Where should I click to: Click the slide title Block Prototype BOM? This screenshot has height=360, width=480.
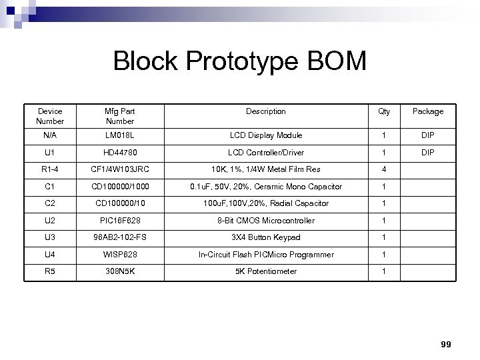click(240, 61)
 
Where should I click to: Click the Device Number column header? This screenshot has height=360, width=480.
click(50, 116)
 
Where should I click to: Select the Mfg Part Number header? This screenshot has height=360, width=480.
click(120, 116)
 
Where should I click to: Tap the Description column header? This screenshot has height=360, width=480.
click(265, 111)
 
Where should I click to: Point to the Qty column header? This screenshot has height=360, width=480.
click(384, 111)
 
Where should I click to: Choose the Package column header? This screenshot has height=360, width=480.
click(427, 111)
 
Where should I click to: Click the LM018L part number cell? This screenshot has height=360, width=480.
click(120, 135)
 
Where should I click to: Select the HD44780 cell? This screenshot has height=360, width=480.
click(120, 153)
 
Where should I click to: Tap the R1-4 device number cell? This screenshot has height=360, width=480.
click(50, 169)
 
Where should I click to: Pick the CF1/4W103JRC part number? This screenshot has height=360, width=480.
click(120, 169)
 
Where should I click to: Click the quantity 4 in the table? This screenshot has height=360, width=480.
click(384, 169)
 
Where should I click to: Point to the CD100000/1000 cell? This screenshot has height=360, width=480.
click(120, 187)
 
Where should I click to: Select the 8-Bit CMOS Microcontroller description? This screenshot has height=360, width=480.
click(265, 221)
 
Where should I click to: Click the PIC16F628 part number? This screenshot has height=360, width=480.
click(120, 221)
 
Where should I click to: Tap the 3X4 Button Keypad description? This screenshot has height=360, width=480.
click(265, 237)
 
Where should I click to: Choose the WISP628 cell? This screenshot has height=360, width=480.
click(120, 255)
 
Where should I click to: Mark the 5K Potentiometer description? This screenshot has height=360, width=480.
click(265, 271)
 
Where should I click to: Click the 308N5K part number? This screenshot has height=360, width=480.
click(120, 271)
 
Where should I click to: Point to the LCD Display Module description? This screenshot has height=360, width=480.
click(265, 135)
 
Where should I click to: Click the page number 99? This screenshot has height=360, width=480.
click(446, 344)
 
